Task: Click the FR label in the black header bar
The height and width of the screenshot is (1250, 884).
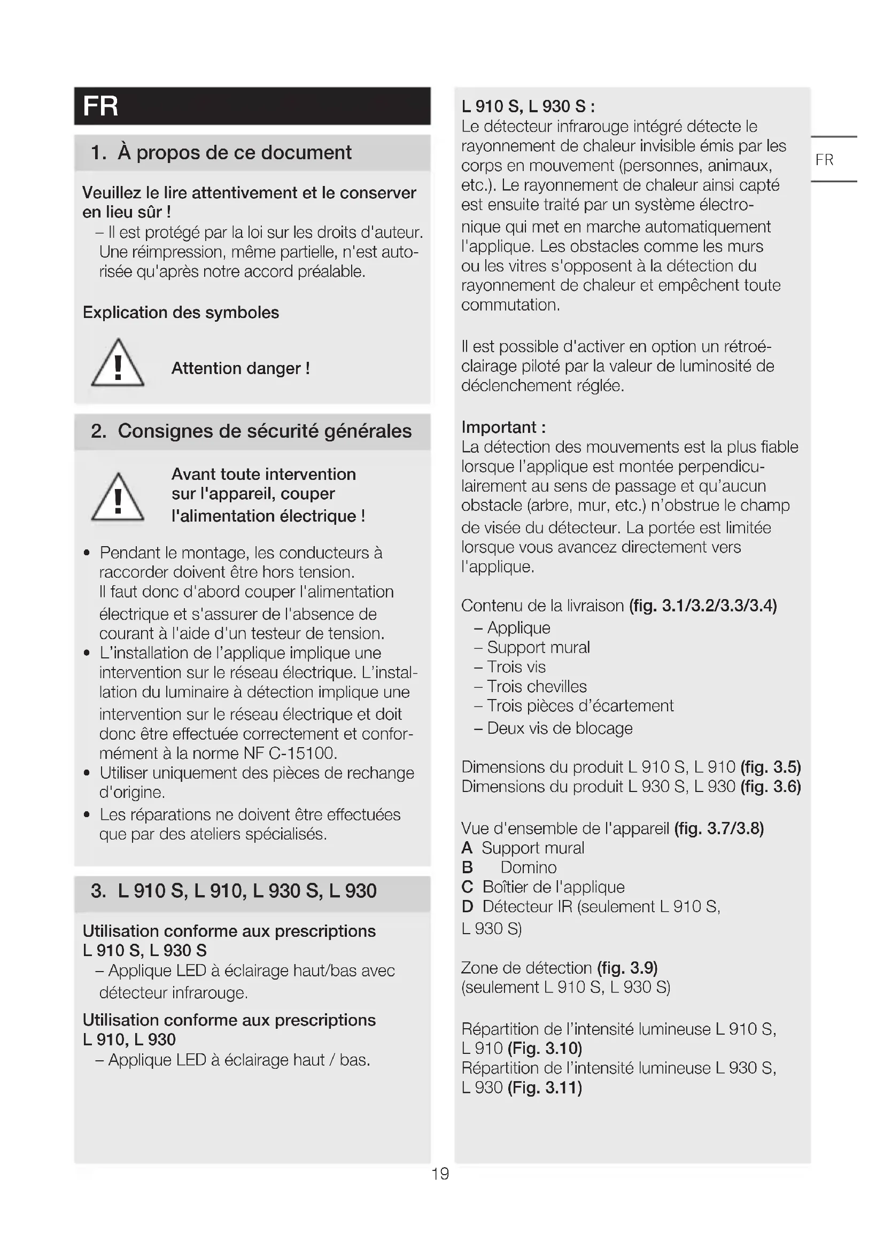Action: pyautogui.click(x=100, y=106)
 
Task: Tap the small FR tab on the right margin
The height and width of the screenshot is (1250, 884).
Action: pyautogui.click(x=824, y=159)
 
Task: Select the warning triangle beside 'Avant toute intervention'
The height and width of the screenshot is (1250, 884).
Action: pyautogui.click(x=118, y=498)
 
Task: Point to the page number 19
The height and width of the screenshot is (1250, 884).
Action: pyautogui.click(x=440, y=1174)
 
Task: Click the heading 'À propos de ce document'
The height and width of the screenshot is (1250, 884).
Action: pyautogui.click(x=234, y=153)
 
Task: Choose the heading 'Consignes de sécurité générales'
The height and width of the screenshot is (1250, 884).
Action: pyautogui.click(x=265, y=431)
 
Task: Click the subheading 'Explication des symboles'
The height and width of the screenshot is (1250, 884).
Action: pyautogui.click(x=181, y=313)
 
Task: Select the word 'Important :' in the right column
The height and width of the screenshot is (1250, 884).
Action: pyautogui.click(x=503, y=428)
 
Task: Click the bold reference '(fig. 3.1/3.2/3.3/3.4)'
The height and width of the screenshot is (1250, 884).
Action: pyautogui.click(x=703, y=606)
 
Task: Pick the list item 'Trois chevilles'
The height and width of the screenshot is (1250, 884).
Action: pyautogui.click(x=537, y=687)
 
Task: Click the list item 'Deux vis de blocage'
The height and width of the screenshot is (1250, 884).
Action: pyautogui.click(x=560, y=728)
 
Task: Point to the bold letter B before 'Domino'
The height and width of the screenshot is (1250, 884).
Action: pyautogui.click(x=467, y=867)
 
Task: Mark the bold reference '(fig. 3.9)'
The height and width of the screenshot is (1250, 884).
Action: pyautogui.click(x=627, y=968)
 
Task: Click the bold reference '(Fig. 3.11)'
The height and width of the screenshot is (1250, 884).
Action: pyautogui.click(x=545, y=1088)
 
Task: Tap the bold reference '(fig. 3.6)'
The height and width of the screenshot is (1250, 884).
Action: pyautogui.click(x=770, y=787)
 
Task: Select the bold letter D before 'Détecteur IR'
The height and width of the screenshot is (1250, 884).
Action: pyautogui.click(x=467, y=906)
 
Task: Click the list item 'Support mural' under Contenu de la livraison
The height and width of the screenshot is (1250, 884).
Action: pyautogui.click(x=538, y=647)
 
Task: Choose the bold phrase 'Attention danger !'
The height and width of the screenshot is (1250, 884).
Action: pyautogui.click(x=241, y=369)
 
